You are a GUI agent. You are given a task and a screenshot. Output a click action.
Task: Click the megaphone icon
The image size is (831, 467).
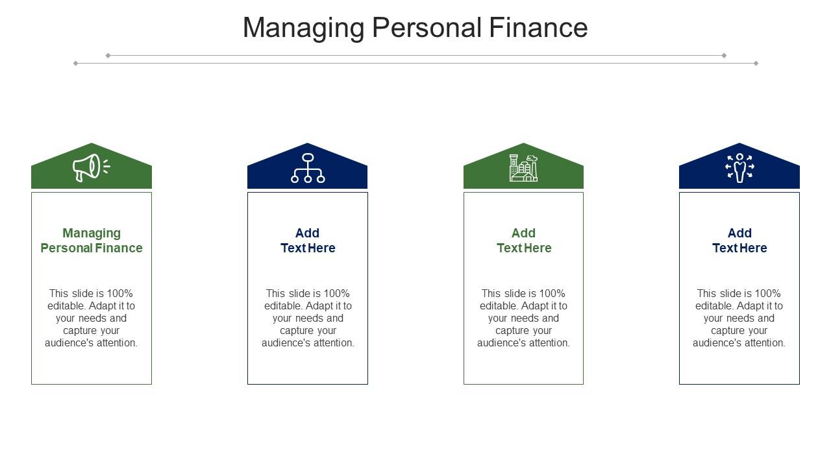pos(92,167)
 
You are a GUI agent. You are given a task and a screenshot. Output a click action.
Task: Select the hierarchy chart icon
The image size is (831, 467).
pos(308,168)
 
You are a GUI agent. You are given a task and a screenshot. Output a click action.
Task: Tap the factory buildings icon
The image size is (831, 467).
pos(523,168)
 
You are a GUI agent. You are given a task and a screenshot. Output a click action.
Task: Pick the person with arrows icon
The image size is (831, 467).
pos(739,168)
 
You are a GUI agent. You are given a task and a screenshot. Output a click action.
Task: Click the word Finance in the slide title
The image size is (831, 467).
pos(538,27)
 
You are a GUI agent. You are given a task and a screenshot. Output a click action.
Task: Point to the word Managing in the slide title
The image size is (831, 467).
pos(304,28)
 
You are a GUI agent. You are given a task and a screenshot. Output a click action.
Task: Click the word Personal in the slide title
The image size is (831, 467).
pos(427,27)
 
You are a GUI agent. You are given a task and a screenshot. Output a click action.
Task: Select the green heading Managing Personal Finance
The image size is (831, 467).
pos(92,241)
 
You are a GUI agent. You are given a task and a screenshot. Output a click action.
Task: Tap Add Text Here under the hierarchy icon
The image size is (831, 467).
pos(308,241)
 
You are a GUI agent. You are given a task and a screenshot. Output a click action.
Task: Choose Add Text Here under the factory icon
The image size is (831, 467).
pos(524,241)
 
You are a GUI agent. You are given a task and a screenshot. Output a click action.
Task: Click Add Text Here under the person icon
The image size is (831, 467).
pos(739,241)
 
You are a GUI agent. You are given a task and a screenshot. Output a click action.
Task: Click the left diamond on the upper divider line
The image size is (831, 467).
pos(108,56)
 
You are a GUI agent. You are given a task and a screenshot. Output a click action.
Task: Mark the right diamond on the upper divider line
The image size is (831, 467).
pos(724,56)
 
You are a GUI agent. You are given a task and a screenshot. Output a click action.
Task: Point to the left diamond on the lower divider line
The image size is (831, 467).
pos(76,64)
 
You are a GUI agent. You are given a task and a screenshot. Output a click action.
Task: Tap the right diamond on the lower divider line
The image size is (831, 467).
pos(756,64)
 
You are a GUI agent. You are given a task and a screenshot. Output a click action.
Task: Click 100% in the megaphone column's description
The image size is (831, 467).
pos(119,294)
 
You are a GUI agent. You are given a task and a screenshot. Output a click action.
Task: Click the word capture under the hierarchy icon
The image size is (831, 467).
pos(297,331)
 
